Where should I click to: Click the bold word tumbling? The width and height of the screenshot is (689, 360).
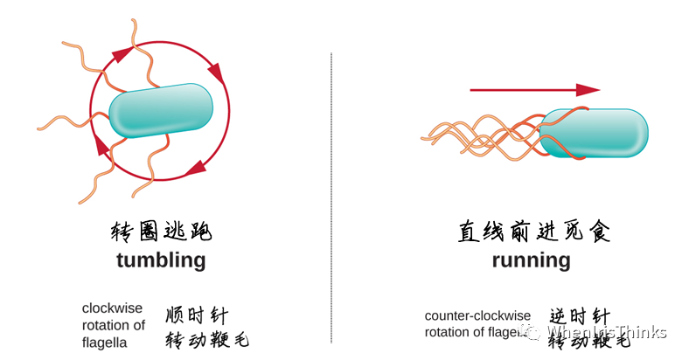161,260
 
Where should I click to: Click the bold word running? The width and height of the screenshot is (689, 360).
531,260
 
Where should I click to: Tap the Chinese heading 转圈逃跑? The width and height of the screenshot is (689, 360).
161,232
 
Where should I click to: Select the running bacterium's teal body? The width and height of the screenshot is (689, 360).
595,133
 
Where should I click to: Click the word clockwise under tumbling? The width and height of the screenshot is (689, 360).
112,308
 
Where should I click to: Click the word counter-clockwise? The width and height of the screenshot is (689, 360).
477,315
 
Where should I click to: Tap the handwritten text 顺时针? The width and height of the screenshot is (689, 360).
196,315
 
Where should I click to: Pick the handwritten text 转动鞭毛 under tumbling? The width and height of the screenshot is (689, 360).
206,339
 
